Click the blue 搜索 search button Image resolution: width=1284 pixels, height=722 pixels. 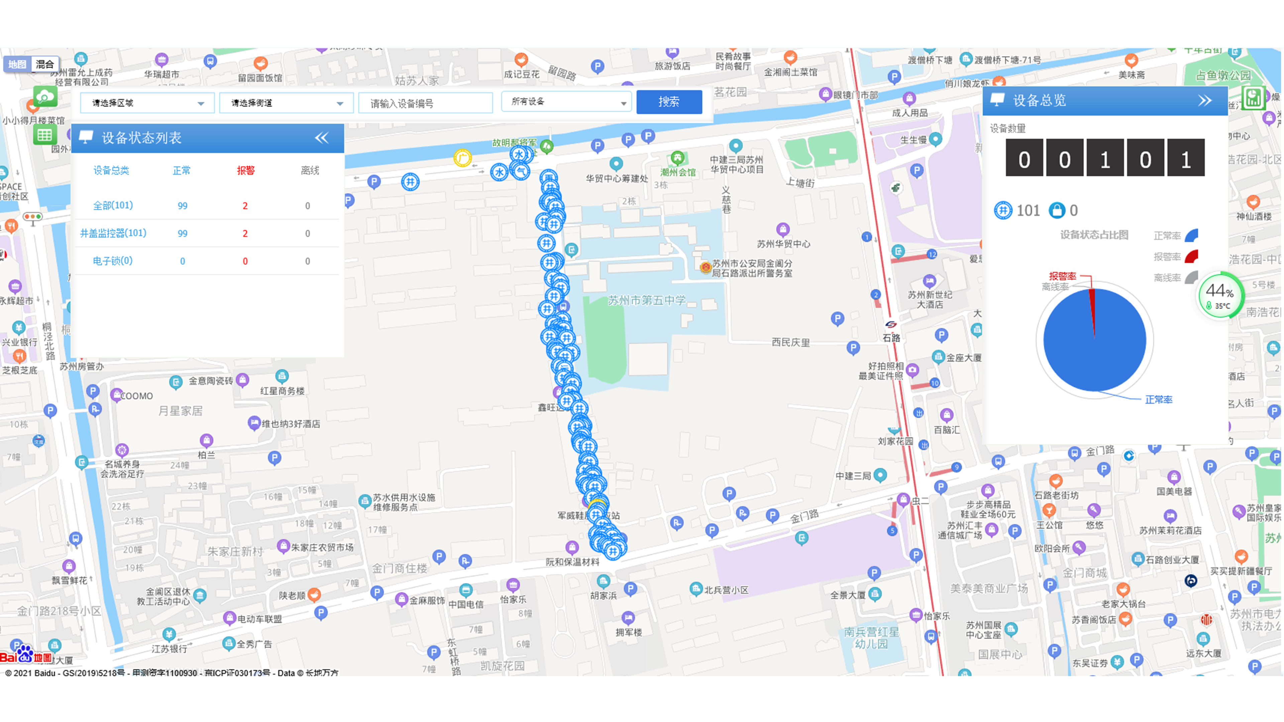(x=669, y=102)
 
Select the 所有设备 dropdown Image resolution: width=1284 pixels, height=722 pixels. (x=566, y=102)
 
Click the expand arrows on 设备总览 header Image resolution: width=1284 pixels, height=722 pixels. (x=1205, y=101)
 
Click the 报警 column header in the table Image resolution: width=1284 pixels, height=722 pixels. (x=245, y=171)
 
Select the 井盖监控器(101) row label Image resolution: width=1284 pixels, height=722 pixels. (x=113, y=233)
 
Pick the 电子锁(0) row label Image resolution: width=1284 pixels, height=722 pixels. (x=113, y=261)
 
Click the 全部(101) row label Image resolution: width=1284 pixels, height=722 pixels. (x=113, y=205)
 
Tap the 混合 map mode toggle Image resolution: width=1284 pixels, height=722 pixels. (x=45, y=64)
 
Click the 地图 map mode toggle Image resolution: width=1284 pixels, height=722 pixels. (x=17, y=64)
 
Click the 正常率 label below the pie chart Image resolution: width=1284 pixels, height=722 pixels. (x=1158, y=400)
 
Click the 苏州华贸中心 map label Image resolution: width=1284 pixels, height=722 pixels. (x=783, y=244)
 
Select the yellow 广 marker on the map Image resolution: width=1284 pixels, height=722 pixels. (x=462, y=158)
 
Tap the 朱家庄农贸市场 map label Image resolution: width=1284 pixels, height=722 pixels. (x=322, y=548)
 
